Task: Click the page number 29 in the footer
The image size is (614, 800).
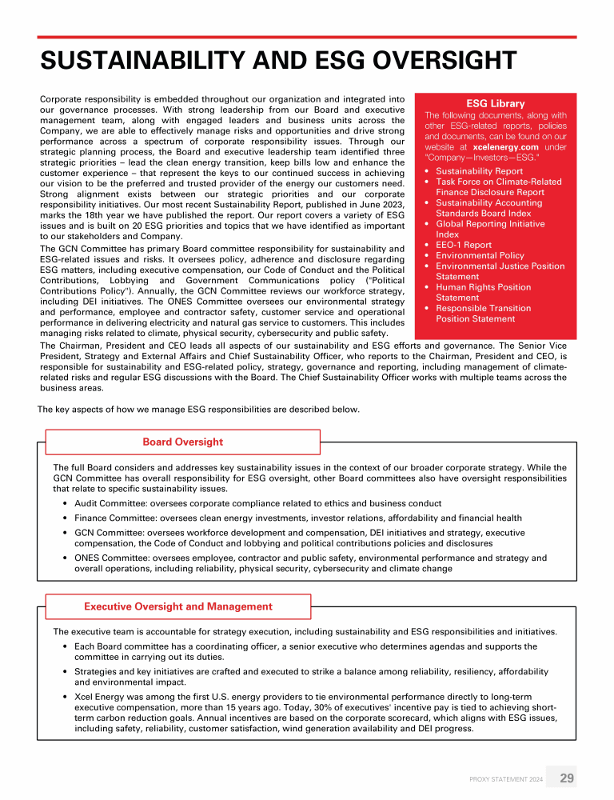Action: pyautogui.click(x=566, y=778)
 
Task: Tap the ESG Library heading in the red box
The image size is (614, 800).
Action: pyautogui.click(x=495, y=103)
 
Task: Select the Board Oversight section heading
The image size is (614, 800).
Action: pyautogui.click(x=182, y=442)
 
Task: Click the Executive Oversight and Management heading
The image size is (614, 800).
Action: pyautogui.click(x=178, y=606)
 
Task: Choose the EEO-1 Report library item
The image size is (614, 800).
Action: pyautogui.click(x=464, y=245)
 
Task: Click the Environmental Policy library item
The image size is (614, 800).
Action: pyautogui.click(x=480, y=255)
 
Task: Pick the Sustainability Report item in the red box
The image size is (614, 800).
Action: pyautogui.click(x=479, y=171)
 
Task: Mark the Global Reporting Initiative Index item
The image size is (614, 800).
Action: pyautogui.click(x=489, y=229)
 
